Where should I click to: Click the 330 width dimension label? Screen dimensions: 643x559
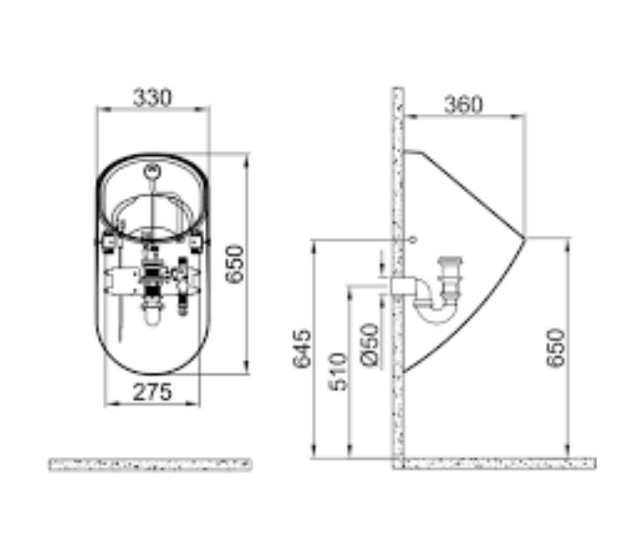pos(153,97)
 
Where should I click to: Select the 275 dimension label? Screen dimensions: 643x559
pos(152,392)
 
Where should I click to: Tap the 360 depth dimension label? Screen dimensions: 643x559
pos(464,105)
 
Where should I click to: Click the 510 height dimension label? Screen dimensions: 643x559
pos(338,371)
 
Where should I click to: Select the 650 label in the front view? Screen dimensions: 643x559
pos(235,264)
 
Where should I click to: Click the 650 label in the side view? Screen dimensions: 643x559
pos(556,348)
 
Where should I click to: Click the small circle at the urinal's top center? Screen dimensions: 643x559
pos(152,170)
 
